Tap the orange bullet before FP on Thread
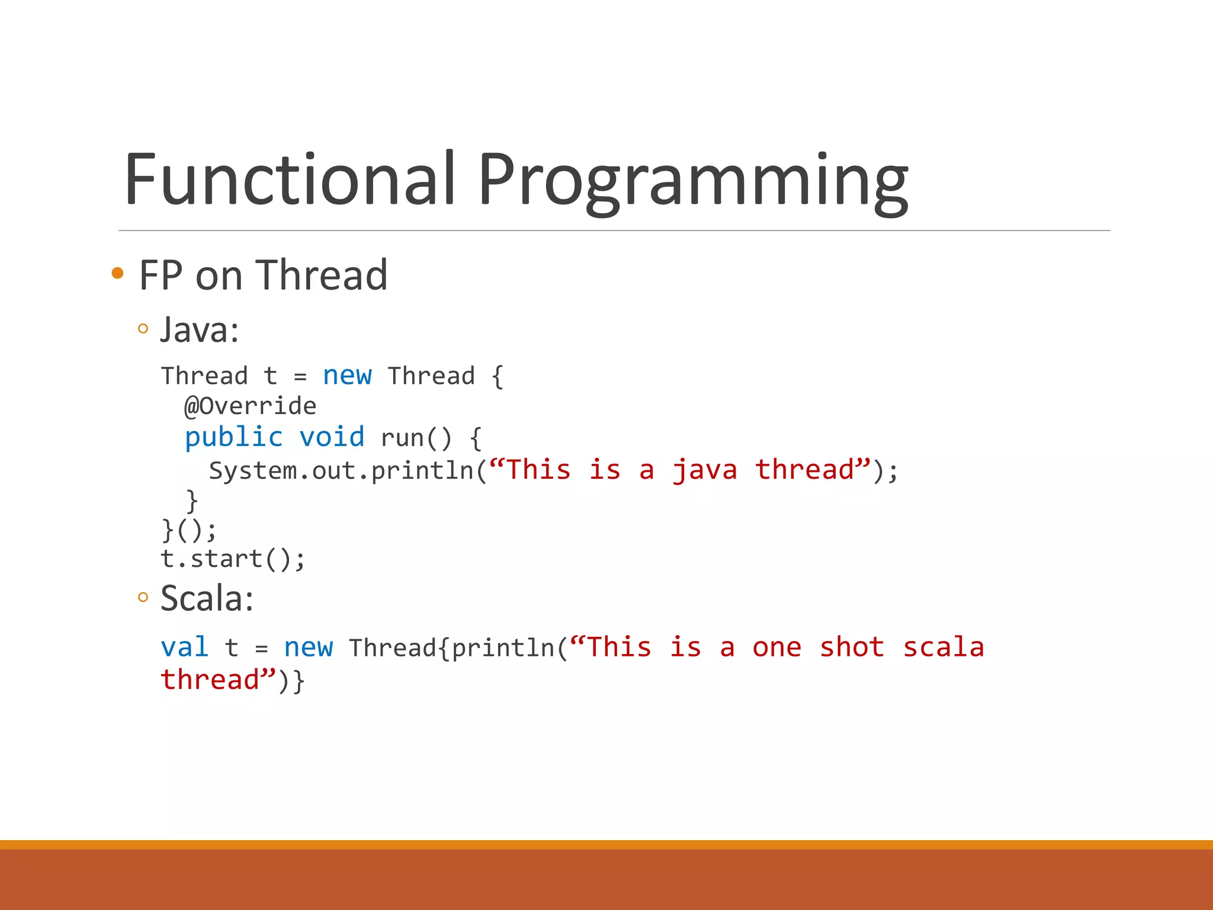[x=118, y=273]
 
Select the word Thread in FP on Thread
[x=322, y=275]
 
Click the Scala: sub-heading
[x=207, y=598]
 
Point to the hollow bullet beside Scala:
[x=143, y=597]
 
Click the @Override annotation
[x=251, y=406]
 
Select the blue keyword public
[x=234, y=438]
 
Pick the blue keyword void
[x=332, y=438]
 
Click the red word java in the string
[x=705, y=470]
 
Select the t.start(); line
[x=233, y=559]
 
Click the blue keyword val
[x=184, y=647]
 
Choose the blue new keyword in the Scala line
[x=308, y=647]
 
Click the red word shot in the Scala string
[x=852, y=647]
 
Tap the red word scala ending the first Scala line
[x=943, y=647]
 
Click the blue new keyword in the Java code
[x=347, y=376]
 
